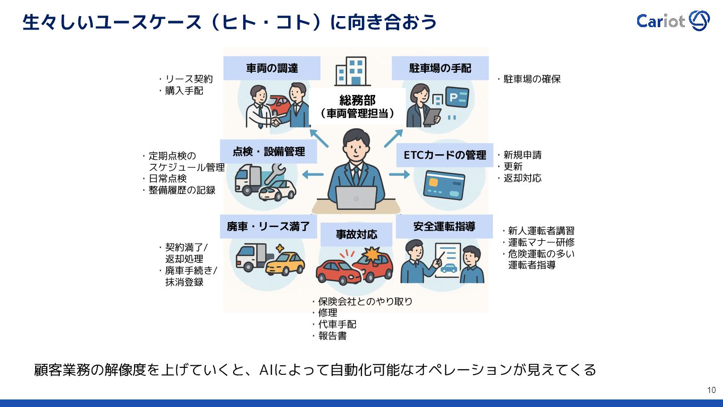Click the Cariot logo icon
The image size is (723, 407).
(x=699, y=21)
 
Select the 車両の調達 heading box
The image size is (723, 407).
(x=272, y=68)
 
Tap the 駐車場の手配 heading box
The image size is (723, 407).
(x=440, y=68)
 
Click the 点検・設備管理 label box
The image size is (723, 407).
(x=269, y=151)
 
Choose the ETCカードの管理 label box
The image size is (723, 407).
(x=444, y=155)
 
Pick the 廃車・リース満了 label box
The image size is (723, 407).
(x=268, y=226)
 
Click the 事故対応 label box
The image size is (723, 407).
(x=356, y=234)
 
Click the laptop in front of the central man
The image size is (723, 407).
(x=356, y=197)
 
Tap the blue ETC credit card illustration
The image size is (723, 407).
(x=444, y=185)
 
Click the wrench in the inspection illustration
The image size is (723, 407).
(x=274, y=173)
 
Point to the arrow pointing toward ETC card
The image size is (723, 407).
(x=400, y=174)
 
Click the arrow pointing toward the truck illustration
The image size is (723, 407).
(x=313, y=174)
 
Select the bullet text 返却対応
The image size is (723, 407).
(x=522, y=178)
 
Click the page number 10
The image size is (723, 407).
(x=711, y=390)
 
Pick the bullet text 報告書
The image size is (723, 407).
(x=332, y=336)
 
